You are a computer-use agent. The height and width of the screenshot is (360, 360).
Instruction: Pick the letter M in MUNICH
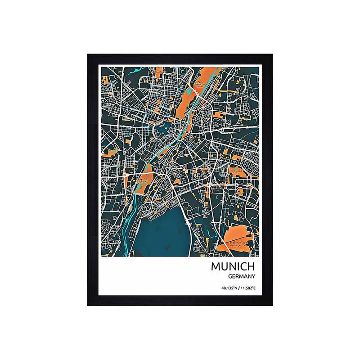click(x=215, y=266)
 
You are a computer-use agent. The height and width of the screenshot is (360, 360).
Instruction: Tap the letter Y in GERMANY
click(x=254, y=277)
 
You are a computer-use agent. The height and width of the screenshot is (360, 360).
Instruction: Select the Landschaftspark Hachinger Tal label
click(x=238, y=243)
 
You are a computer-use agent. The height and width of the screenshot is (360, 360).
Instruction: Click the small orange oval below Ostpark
click(x=240, y=192)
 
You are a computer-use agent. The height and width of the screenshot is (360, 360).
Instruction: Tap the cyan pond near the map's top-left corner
click(x=133, y=70)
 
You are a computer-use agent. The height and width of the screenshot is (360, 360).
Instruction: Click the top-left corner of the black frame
click(x=88, y=54)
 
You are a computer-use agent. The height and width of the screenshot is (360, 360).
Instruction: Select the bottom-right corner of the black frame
click(x=272, y=306)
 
